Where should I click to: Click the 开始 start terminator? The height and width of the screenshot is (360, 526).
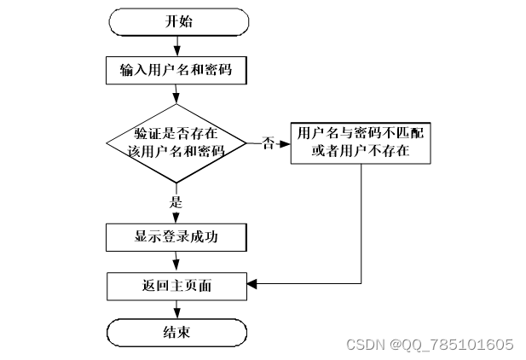pyautogui.click(x=176, y=22)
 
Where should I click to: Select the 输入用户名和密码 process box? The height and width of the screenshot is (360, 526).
pyautogui.click(x=176, y=71)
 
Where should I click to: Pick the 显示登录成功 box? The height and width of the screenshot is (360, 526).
pyautogui.click(x=176, y=237)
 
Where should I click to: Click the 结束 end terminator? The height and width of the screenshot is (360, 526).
pyautogui.click(x=176, y=332)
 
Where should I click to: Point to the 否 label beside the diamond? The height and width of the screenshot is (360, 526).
pyautogui.click(x=267, y=144)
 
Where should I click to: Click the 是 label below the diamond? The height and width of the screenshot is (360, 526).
pyautogui.click(x=176, y=203)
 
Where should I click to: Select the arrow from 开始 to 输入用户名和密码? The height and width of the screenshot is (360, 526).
pyautogui.click(x=176, y=45)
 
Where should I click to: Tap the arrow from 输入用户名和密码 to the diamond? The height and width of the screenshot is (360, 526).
pyautogui.click(x=176, y=95)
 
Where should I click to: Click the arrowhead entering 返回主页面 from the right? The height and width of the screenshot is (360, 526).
pyautogui.click(x=252, y=282)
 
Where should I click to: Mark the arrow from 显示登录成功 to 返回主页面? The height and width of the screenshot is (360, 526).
pyautogui.click(x=176, y=261)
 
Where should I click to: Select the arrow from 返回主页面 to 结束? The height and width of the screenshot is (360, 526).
pyautogui.click(x=176, y=309)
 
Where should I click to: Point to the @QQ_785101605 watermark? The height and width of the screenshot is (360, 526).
pyautogui.click(x=452, y=345)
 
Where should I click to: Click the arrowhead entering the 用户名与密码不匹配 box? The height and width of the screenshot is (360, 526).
pyautogui.click(x=286, y=143)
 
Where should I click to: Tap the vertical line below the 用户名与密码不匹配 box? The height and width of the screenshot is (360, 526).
pyautogui.click(x=361, y=222)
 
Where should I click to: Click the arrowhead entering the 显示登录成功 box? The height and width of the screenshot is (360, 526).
pyautogui.click(x=176, y=220)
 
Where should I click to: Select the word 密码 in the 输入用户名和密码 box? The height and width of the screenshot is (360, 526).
pyautogui.click(x=218, y=71)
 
